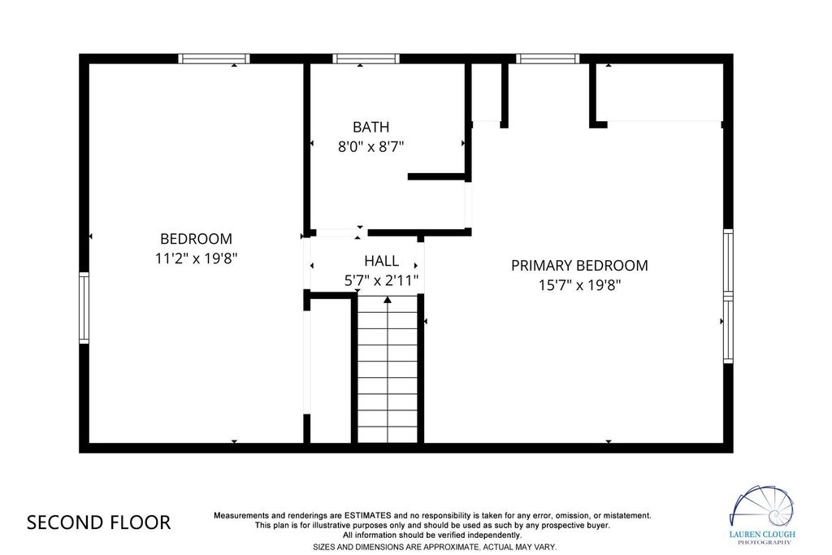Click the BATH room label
point(370,128)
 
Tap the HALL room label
point(382,261)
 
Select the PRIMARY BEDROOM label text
point(579,265)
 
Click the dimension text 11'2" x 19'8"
point(196,259)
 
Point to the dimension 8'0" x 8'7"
point(370,146)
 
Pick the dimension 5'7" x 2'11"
point(382,280)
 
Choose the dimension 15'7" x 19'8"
point(579,285)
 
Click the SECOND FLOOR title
point(98,522)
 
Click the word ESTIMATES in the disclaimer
point(368,515)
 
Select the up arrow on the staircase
point(388,301)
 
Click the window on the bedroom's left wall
point(84,308)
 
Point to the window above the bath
point(366,59)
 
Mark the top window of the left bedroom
point(214,59)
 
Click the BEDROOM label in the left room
point(196,239)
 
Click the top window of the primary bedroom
point(548,59)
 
